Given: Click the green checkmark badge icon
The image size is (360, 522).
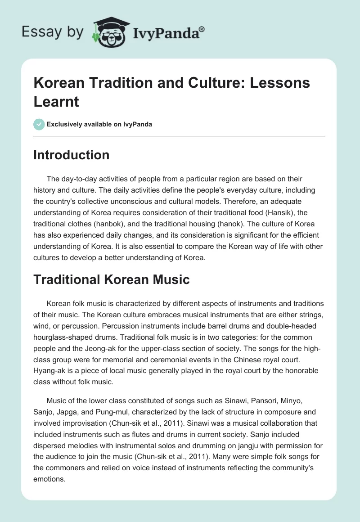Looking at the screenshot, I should coord(39,124).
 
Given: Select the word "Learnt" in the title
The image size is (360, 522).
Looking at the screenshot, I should coord(56,101).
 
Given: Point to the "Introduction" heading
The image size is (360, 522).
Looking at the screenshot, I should coord(71,155).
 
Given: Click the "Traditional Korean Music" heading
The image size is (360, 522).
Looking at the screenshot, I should coord(112,279).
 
